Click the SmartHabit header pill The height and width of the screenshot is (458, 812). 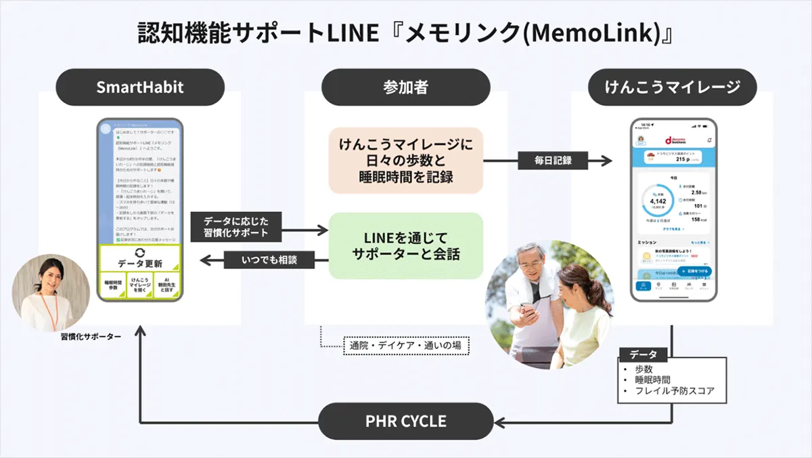tap(139, 87)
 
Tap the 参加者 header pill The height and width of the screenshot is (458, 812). tap(405, 87)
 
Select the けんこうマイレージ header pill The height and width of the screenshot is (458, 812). tap(671, 87)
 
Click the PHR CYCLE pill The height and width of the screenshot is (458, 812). tap(406, 421)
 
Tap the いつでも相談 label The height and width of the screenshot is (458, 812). tap(269, 259)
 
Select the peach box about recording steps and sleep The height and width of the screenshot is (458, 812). tap(405, 161)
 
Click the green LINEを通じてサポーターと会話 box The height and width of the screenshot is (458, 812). tap(405, 246)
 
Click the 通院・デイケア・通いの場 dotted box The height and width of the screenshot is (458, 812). tap(405, 346)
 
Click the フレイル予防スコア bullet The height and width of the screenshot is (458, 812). tap(674, 391)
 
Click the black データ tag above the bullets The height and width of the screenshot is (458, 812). tap(643, 355)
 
